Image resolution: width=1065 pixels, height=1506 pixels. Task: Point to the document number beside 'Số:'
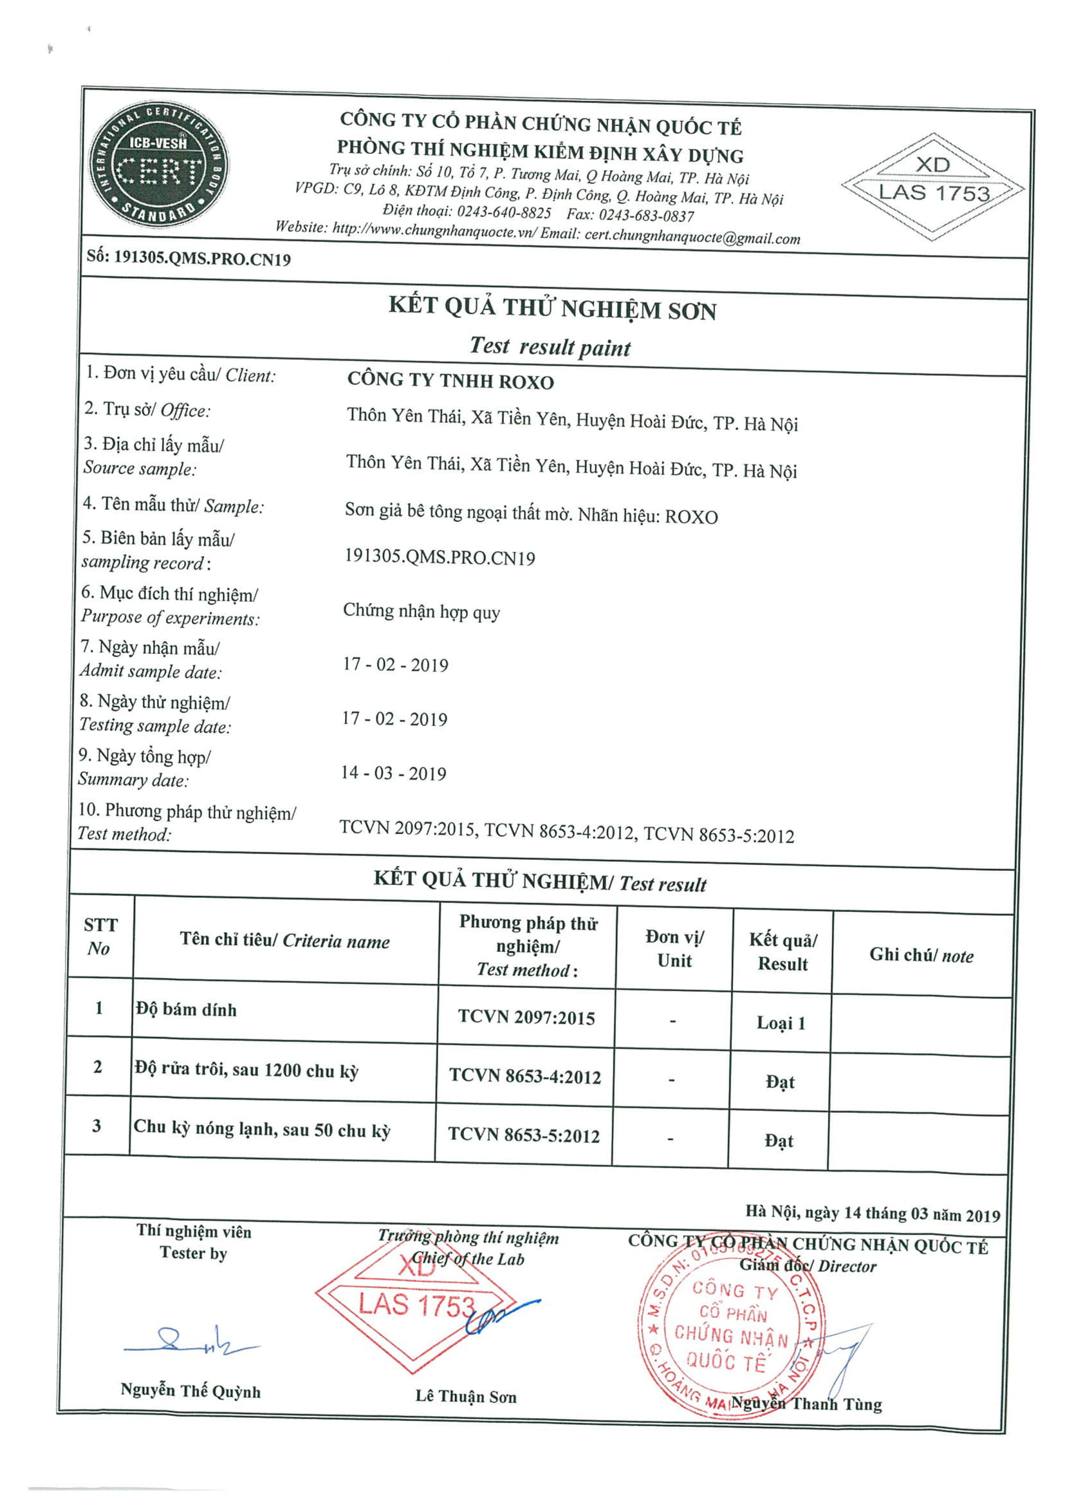pyautogui.click(x=202, y=259)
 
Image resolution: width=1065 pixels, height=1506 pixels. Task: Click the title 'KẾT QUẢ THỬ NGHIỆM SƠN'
pyautogui.click(x=551, y=308)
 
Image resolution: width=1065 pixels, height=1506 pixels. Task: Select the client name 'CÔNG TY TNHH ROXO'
pyautogui.click(x=450, y=381)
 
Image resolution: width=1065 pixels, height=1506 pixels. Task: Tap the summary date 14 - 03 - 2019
pyautogui.click(x=393, y=774)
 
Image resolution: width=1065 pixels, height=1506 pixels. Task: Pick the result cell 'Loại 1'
pyautogui.click(x=781, y=1023)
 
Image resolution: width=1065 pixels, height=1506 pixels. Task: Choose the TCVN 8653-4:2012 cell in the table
pyautogui.click(x=524, y=1076)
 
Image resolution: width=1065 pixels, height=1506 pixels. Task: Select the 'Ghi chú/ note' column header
pyautogui.click(x=921, y=955)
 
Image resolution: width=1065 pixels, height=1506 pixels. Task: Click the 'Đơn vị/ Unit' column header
pyautogui.click(x=674, y=949)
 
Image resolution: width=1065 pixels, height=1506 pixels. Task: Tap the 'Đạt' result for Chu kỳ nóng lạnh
pyautogui.click(x=779, y=1140)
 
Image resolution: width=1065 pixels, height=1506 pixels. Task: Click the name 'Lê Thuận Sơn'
pyautogui.click(x=466, y=1397)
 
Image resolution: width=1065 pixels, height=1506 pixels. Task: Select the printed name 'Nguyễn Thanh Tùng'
pyautogui.click(x=806, y=1404)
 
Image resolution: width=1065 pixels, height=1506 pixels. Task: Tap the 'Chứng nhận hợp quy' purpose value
pyautogui.click(x=421, y=611)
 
